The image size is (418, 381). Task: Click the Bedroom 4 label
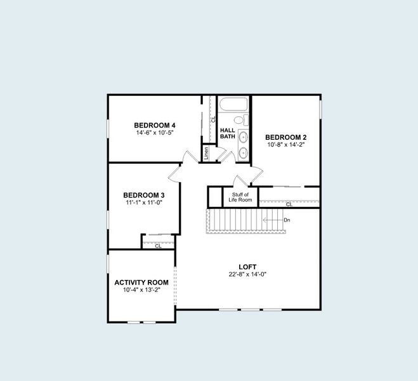coord(155,125)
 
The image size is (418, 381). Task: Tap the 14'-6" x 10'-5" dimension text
coord(155,133)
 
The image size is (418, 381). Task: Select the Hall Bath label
coord(228,133)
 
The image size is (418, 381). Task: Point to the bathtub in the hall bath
coord(234,104)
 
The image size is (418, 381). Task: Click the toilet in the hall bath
coord(242,119)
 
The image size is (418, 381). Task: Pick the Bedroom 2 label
coord(286,137)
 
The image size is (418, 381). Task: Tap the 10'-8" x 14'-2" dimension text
coord(286,145)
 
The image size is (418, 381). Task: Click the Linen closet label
coord(206,154)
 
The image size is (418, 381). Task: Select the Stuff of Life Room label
coord(240,197)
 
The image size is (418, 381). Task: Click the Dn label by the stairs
coord(287,220)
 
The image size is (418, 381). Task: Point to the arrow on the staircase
coord(273,220)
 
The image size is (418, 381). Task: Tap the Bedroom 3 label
coord(144,195)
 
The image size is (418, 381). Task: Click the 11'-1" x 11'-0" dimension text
coord(144,203)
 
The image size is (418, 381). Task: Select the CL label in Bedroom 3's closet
coord(158,246)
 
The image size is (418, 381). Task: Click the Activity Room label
coord(141,283)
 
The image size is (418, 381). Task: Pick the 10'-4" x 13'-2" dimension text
coord(141,290)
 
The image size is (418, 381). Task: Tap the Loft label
coord(247,267)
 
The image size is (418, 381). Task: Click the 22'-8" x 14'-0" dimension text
coord(247,274)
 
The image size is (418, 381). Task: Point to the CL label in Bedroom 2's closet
coord(289,204)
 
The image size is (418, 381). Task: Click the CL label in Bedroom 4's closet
coord(213,119)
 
